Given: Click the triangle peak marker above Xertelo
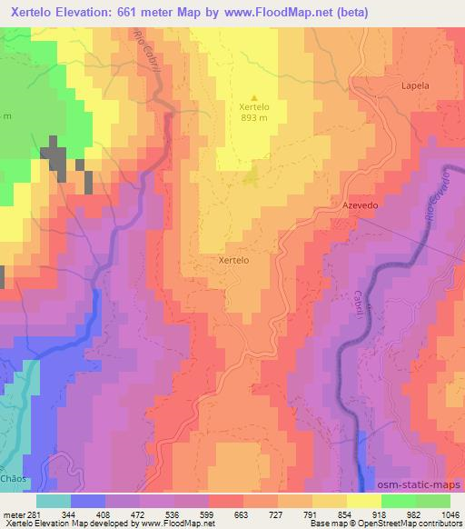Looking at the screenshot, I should pyautogui.click(x=253, y=98).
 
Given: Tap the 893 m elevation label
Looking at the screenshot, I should pyautogui.click(x=253, y=117).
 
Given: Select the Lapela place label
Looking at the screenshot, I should pyautogui.click(x=414, y=85).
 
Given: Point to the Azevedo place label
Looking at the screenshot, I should pyautogui.click(x=359, y=206).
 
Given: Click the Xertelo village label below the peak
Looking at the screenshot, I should pyautogui.click(x=233, y=260).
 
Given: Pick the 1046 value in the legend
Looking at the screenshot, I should pyautogui.click(x=450, y=514).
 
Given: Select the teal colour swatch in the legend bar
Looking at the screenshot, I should pyautogui.click(x=54, y=501).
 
